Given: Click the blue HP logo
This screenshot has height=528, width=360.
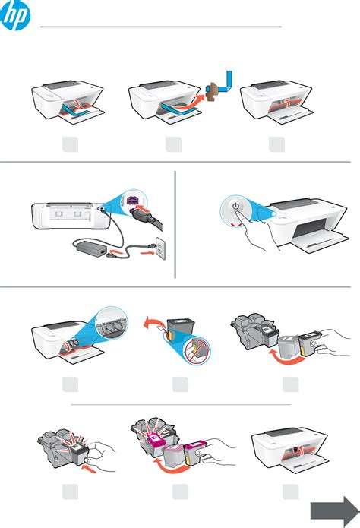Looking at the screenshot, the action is [x=15, y=14].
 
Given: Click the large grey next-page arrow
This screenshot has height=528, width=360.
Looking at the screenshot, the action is [x=334, y=511].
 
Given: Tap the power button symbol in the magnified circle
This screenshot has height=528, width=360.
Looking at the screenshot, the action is [x=236, y=206].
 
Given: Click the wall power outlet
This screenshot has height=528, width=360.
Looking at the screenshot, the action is [x=161, y=248].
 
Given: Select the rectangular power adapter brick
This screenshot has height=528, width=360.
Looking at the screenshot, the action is [x=92, y=250].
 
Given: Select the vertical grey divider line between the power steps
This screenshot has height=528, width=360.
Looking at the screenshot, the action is [x=175, y=225].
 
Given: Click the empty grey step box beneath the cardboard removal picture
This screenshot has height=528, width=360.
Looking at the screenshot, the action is [x=174, y=144].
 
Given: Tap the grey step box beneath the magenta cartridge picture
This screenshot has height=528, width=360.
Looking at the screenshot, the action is [x=181, y=492].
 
